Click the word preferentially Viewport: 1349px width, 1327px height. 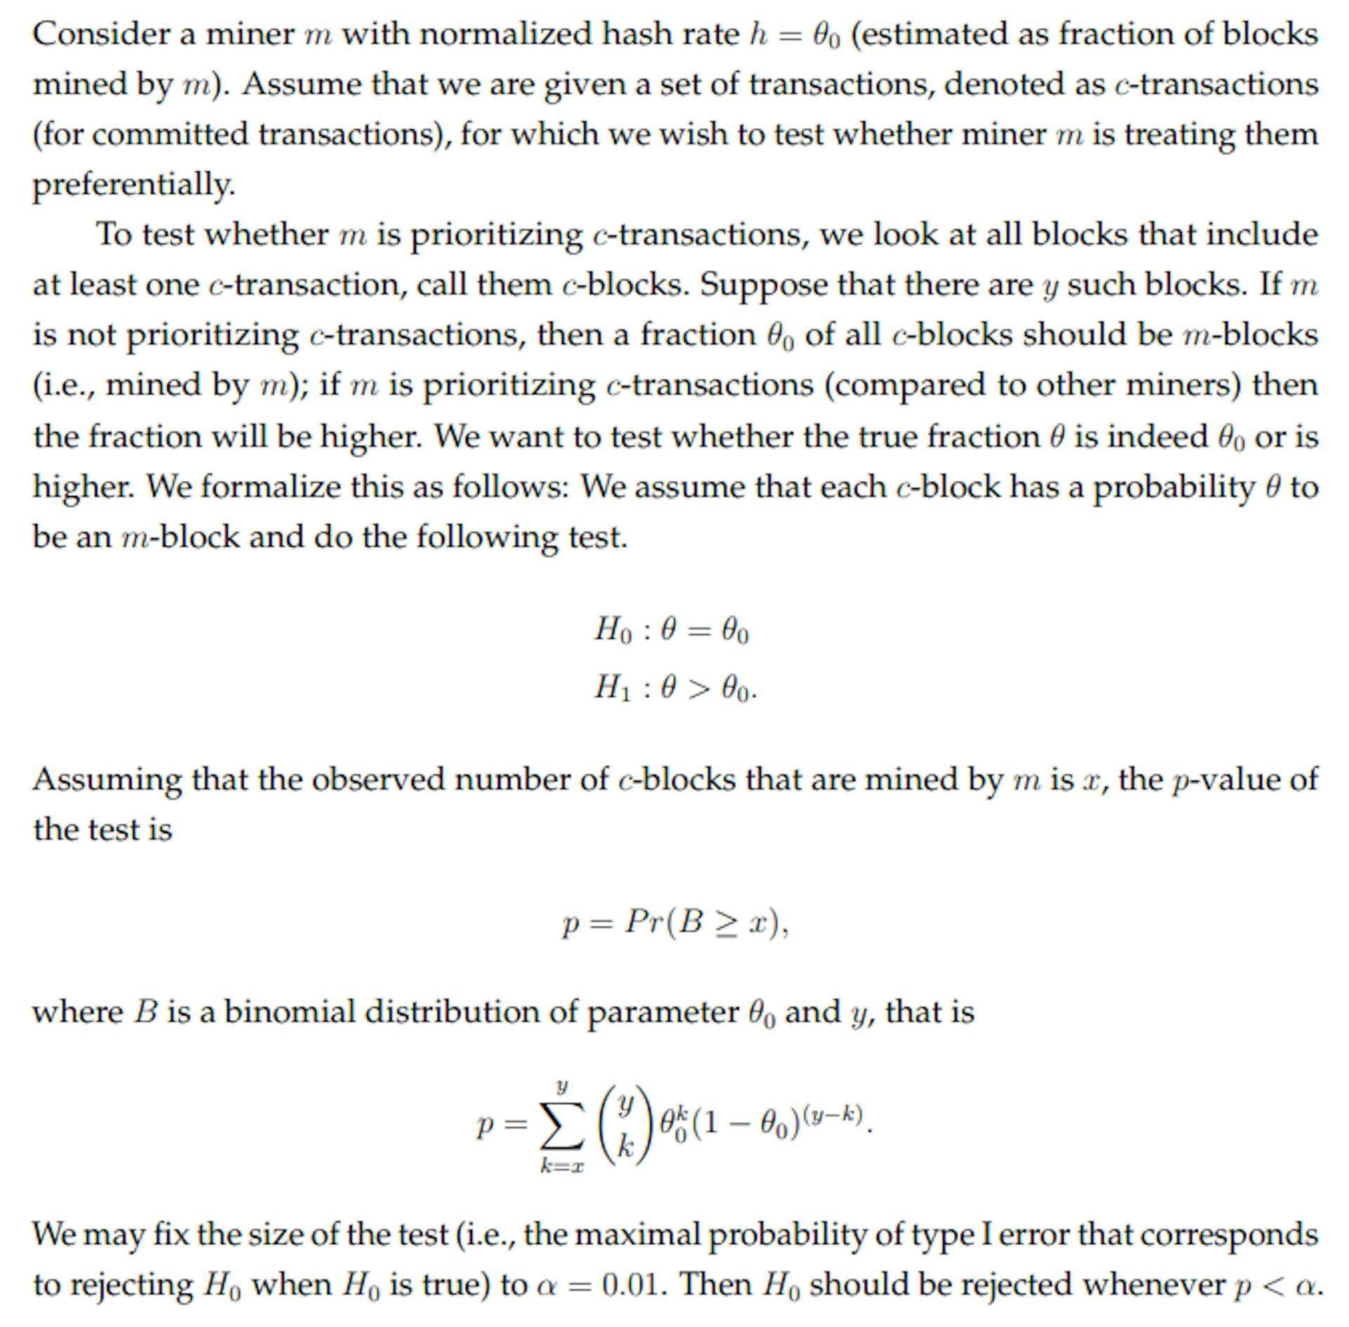(x=133, y=185)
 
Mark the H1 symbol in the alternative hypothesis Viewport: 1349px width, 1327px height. (x=613, y=687)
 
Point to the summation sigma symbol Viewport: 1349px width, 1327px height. (x=560, y=1126)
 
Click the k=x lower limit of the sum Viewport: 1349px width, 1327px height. (x=561, y=1167)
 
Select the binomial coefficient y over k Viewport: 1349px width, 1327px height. (x=625, y=1125)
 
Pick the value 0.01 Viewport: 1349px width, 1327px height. (x=632, y=1285)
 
